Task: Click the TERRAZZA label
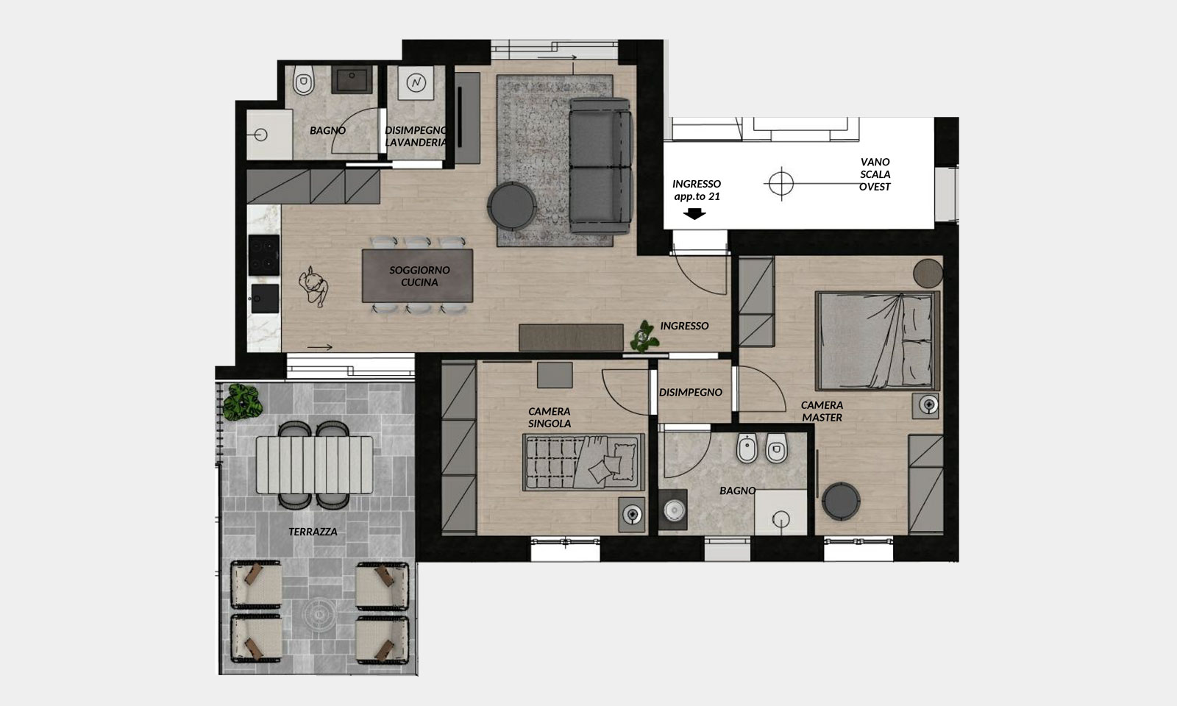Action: [313, 532]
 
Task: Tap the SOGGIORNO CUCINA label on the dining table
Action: [419, 276]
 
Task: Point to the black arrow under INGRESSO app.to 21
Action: [694, 213]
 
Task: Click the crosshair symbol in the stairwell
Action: [780, 183]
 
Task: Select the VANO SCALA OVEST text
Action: [875, 174]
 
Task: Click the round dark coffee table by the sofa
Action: [512, 205]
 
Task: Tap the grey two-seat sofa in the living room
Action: [600, 166]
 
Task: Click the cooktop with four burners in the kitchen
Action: [264, 254]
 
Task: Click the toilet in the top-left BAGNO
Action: [303, 81]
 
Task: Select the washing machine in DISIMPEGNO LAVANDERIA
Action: [416, 82]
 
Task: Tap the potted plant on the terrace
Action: [242, 402]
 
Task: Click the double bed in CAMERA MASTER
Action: [877, 341]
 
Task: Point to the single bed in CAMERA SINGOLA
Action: [584, 463]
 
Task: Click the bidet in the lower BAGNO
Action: [747, 448]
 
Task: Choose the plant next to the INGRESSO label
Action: [644, 337]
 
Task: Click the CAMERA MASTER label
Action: [822, 411]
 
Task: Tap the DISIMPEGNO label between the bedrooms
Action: [691, 392]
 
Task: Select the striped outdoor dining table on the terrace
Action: [315, 464]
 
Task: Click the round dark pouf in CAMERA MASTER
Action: [841, 501]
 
